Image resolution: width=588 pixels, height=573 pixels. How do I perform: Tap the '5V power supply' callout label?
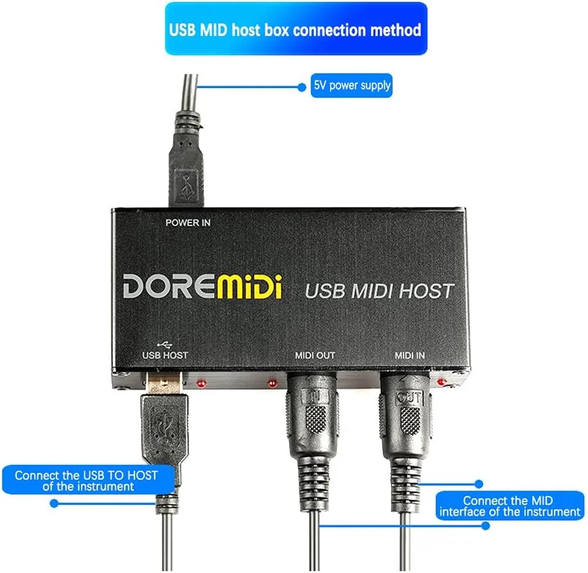pos(352,85)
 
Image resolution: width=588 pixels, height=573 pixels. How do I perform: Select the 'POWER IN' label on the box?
pos(188,223)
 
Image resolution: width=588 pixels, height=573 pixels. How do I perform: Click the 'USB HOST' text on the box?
pos(165,354)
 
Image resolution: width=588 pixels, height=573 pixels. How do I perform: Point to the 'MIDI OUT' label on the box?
pos(315,354)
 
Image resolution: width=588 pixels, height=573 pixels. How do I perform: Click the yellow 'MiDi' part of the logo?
pos(249,286)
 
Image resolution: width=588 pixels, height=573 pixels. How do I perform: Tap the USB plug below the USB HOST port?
pos(164,424)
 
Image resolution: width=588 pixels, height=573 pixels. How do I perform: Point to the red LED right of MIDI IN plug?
pos(441,383)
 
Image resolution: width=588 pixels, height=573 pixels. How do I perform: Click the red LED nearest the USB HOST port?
pos(201,384)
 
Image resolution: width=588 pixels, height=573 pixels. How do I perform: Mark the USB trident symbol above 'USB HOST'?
pos(165,342)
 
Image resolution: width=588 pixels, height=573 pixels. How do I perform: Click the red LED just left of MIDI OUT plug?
pos(272,384)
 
